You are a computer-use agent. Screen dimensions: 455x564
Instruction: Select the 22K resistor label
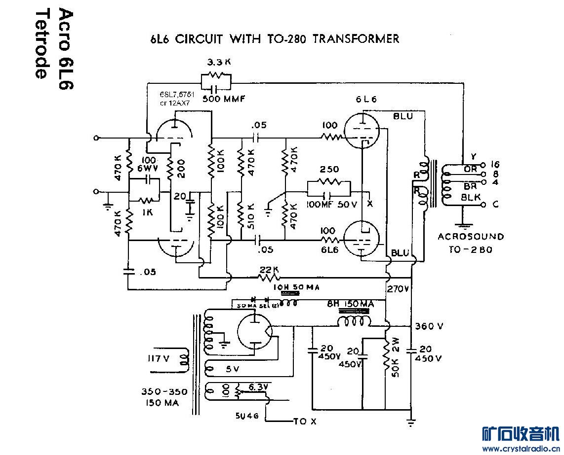click(x=268, y=270)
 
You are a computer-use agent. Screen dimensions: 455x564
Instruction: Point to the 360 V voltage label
click(x=429, y=326)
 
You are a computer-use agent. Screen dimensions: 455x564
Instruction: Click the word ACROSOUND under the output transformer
click(x=471, y=237)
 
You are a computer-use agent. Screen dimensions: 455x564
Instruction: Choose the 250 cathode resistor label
click(x=329, y=170)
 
